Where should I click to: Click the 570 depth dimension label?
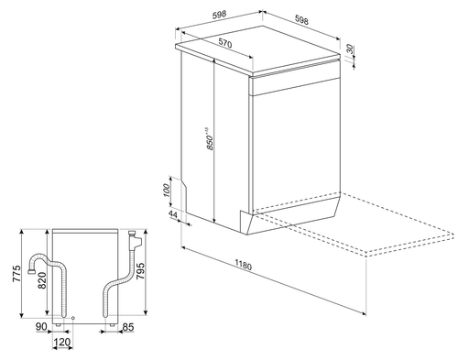click(x=225, y=43)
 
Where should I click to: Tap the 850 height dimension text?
click(x=210, y=138)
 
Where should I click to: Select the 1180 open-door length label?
click(x=244, y=265)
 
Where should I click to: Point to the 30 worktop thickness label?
click(x=350, y=49)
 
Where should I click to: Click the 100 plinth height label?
click(x=167, y=191)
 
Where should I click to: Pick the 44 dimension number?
click(x=173, y=214)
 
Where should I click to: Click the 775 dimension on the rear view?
click(x=16, y=274)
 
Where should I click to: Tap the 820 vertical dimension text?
click(x=42, y=279)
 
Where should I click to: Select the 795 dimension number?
click(x=140, y=271)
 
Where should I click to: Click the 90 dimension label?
click(x=41, y=327)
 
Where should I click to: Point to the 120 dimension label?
click(x=62, y=342)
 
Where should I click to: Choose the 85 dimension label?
click(x=127, y=327)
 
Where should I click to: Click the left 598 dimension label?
click(x=219, y=15)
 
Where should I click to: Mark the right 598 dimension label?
click(x=301, y=19)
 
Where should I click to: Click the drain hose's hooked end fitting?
click(x=31, y=270)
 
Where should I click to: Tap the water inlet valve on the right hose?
click(x=135, y=240)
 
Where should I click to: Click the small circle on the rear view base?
click(x=73, y=318)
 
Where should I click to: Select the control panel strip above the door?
click(x=295, y=85)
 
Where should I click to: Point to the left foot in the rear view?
click(x=58, y=325)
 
